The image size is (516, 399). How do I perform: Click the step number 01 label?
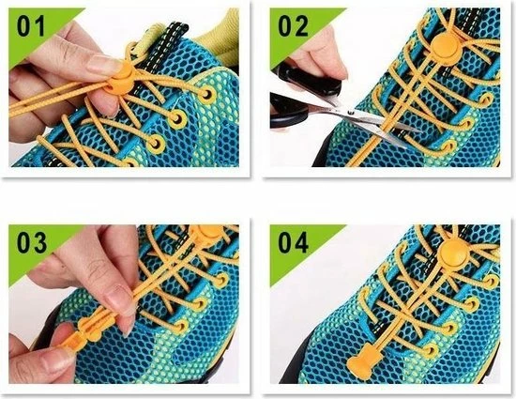pyautogui.click(x=31, y=26)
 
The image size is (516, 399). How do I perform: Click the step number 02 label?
pyautogui.click(x=293, y=26)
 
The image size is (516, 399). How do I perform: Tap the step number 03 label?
pyautogui.click(x=32, y=242)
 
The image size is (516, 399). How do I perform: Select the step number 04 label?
pyautogui.click(x=293, y=242)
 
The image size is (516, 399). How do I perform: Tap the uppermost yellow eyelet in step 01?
pyautogui.click(x=207, y=95)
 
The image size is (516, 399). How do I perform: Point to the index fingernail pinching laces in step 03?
pyautogui.click(x=119, y=299)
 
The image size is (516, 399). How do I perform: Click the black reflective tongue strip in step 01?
pyautogui.click(x=163, y=53)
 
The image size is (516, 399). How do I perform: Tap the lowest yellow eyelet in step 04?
pyautogui.click(x=431, y=351)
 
